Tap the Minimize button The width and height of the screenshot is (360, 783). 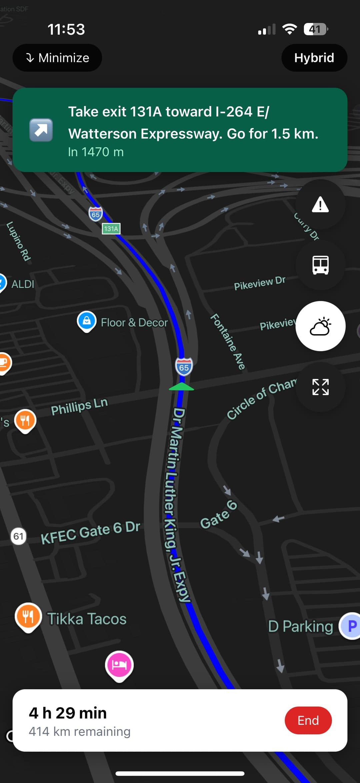[57, 58]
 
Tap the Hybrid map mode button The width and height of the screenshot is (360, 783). [314, 58]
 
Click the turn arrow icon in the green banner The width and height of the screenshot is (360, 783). [41, 130]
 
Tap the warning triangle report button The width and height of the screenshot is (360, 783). [320, 204]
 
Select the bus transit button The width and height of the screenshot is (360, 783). [320, 265]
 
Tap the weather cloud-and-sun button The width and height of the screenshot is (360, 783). [320, 326]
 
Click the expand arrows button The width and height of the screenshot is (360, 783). [320, 387]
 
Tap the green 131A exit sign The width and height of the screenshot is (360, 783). [111, 229]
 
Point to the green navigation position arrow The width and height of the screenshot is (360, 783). [181, 387]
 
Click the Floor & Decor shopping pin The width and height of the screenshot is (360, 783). [87, 321]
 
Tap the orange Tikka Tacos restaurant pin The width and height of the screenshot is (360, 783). [28, 617]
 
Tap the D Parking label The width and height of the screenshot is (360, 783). [300, 626]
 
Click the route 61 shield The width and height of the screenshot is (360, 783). [18, 536]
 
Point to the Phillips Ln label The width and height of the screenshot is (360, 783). [79, 406]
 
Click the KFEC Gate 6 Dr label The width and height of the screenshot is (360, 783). [90, 532]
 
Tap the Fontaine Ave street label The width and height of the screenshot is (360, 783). [228, 342]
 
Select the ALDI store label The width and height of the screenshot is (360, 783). [23, 284]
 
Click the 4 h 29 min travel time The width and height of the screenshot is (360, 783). [68, 713]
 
